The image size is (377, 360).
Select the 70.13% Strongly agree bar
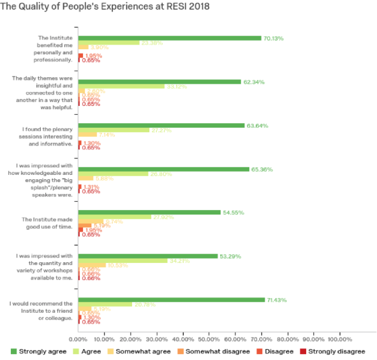[170, 38]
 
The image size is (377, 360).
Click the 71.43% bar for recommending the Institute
[171, 299]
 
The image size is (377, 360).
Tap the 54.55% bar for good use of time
[149, 212]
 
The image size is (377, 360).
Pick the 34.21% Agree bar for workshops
[122, 260]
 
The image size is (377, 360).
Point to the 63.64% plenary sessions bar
[161, 125]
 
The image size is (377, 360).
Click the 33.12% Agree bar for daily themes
[121, 86]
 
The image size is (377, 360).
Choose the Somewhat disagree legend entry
[211, 351]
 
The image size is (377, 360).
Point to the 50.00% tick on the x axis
[209, 338]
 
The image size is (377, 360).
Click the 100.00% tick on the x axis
[339, 338]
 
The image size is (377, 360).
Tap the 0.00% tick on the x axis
[78, 338]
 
